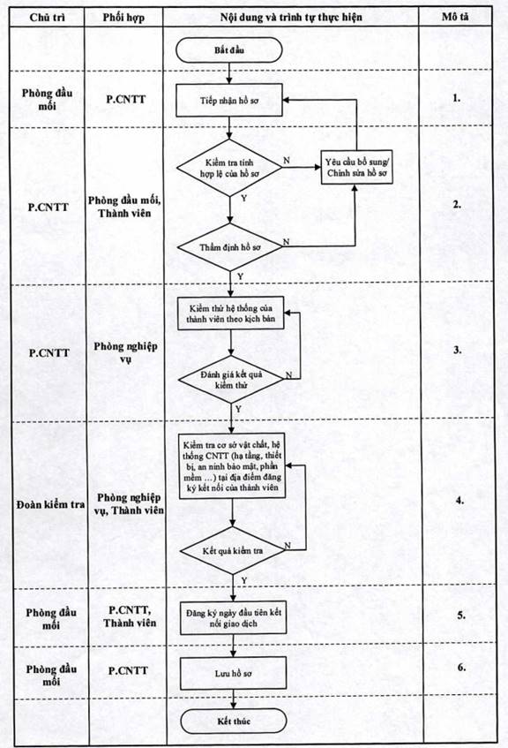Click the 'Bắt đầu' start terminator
coord(229,50)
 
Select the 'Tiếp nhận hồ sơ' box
coord(229,100)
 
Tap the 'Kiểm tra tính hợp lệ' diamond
coord(229,168)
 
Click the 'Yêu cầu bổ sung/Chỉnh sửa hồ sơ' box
coord(356,168)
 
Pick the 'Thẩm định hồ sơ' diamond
coord(230,247)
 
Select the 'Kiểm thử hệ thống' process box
coord(231,314)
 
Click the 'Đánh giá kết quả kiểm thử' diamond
coord(232,379)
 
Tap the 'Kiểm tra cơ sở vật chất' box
coord(232,466)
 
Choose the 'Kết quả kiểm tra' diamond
coord(233,550)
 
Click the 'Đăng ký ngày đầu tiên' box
coord(233,618)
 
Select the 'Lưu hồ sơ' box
coord(233,673)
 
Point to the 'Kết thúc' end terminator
coord(234,721)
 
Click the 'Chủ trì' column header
coord(47,18)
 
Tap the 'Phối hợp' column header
coord(123,18)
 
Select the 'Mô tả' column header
coord(455,17)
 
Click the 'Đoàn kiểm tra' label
coord(50,504)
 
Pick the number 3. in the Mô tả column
coord(458,350)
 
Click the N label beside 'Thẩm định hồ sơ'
coord(286,242)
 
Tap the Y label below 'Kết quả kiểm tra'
coord(244,580)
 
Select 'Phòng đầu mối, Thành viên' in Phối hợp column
coord(124,207)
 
